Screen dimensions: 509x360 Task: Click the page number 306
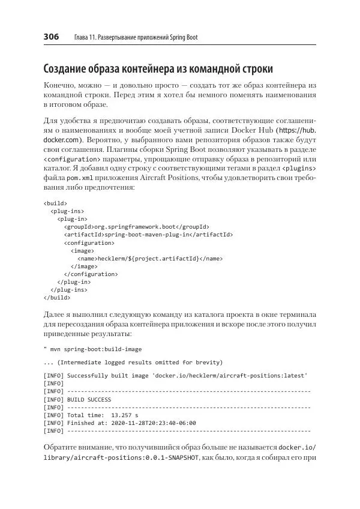[x=51, y=37]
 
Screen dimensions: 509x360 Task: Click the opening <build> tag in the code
[x=56, y=203]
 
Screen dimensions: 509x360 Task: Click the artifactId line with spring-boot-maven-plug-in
[x=149, y=234]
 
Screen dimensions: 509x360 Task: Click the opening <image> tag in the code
[x=81, y=250]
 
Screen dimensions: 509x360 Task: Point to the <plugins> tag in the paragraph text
[x=298, y=169]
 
